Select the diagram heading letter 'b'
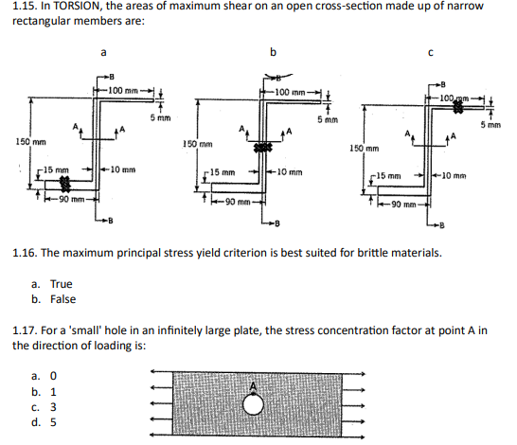tap(275, 52)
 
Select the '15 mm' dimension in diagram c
tap(393, 176)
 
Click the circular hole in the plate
tap(253, 405)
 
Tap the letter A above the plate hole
tap(252, 385)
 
